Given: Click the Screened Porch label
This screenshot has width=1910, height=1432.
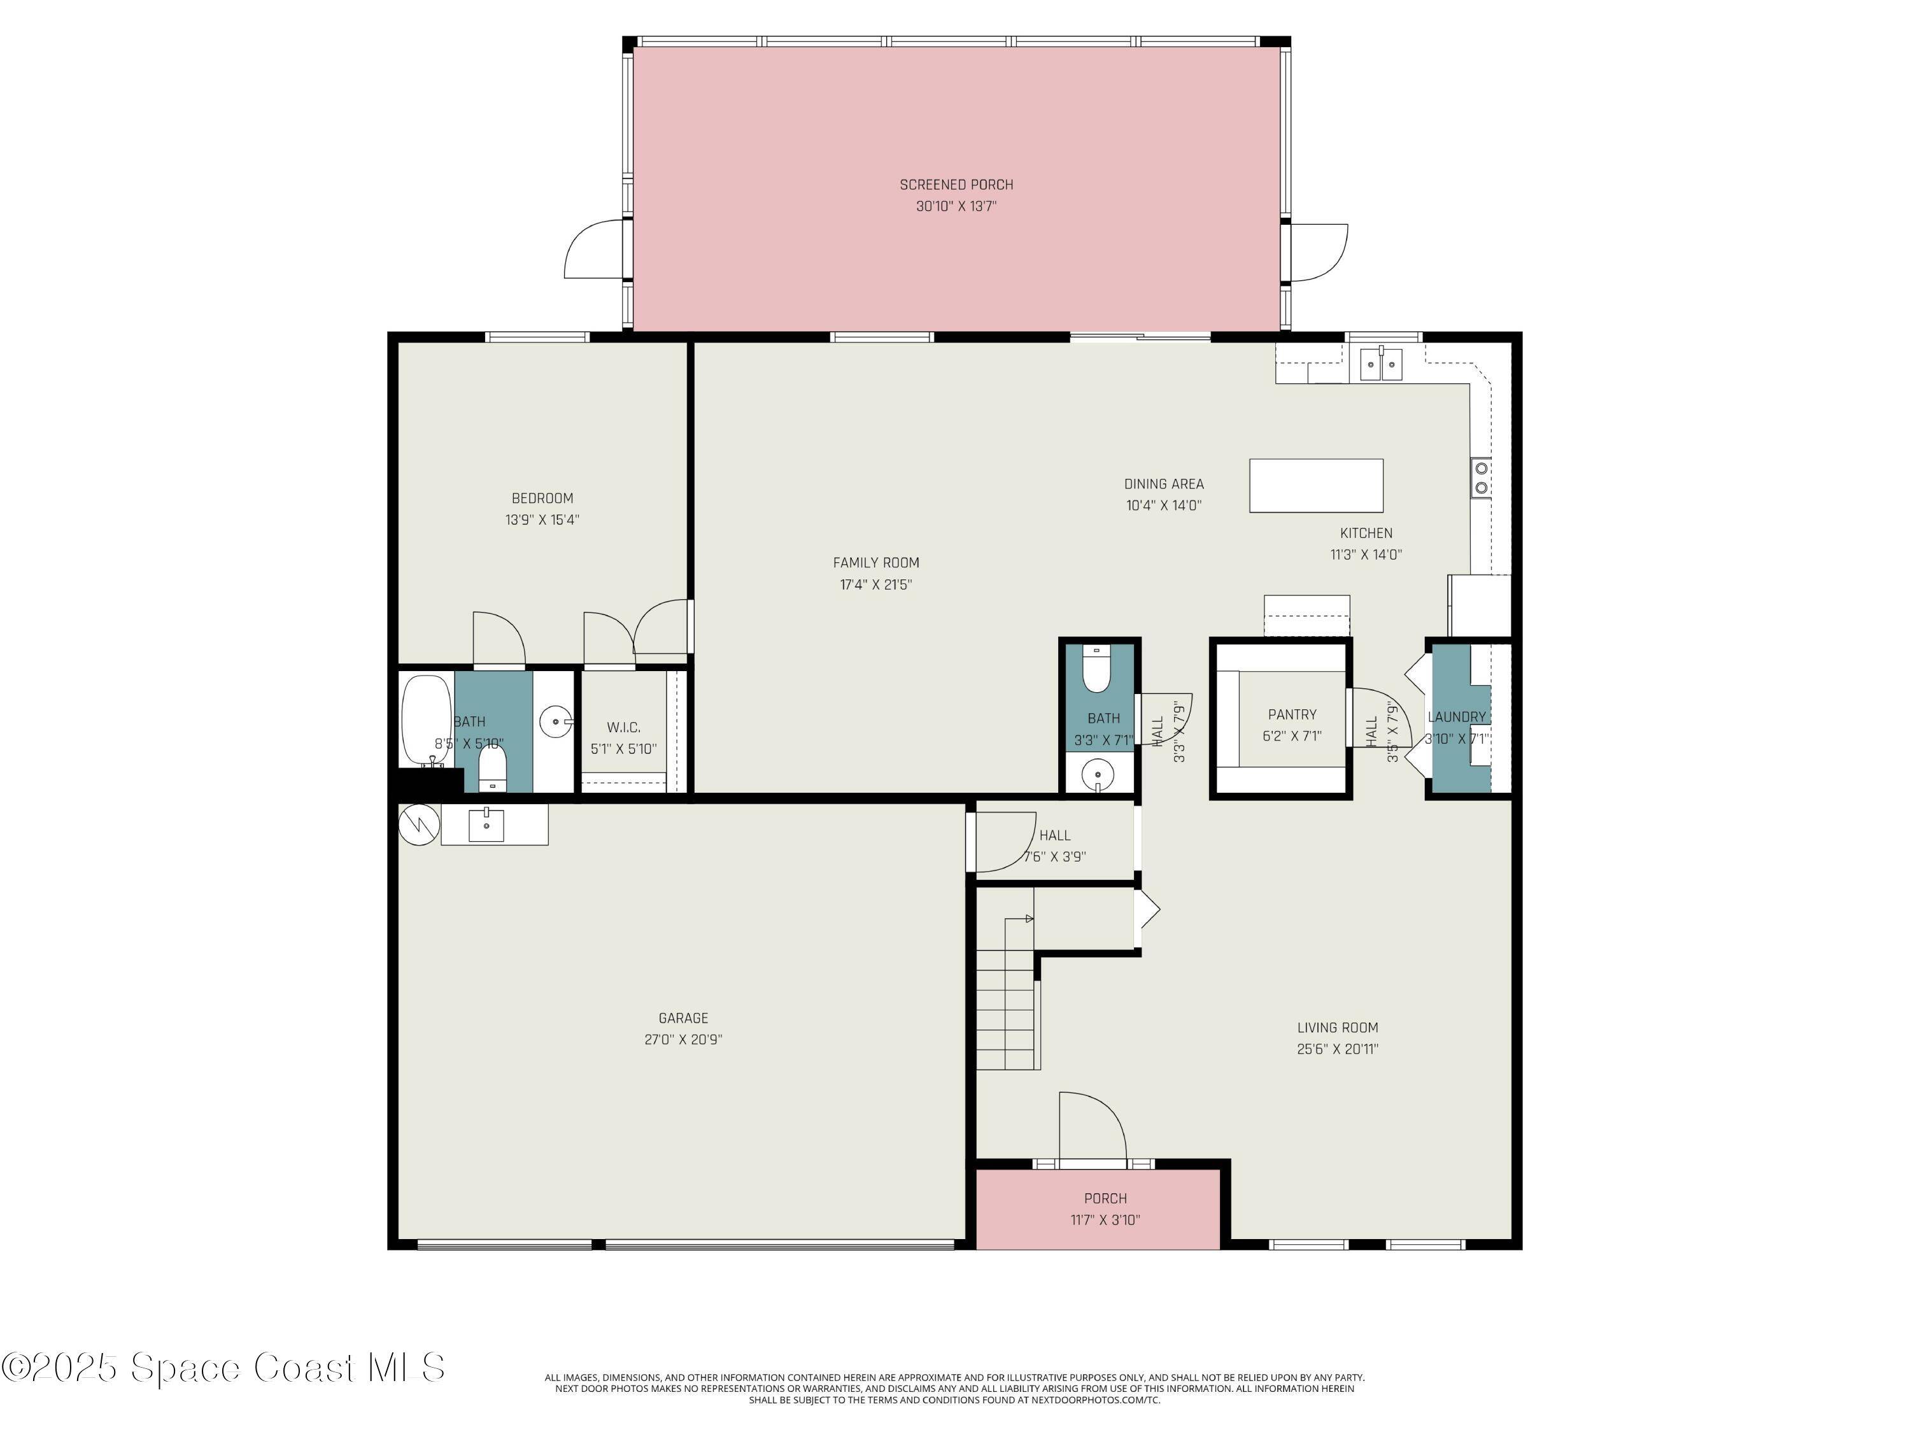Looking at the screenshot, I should [956, 184].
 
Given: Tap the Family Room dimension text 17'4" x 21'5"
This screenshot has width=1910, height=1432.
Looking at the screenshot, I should [875, 585].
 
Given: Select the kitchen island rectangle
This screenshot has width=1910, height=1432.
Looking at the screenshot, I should [1315, 485].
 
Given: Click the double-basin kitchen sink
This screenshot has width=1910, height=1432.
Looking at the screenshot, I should [1381, 364].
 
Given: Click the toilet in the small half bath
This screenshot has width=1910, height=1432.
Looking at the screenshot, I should [1096, 669].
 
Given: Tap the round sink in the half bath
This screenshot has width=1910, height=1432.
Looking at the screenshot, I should [1096, 773].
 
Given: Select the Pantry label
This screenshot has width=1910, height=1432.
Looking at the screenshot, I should [1292, 714].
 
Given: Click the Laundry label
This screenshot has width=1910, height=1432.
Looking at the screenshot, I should [1456, 717].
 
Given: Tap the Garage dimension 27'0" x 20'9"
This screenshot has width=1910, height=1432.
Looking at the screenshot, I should [683, 1040].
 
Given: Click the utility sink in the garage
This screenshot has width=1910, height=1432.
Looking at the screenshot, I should [486, 824].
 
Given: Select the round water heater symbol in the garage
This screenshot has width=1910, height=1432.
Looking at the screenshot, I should [419, 825].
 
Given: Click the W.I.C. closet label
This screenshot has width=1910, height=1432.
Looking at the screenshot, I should [623, 727].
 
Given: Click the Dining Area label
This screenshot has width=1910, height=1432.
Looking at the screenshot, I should [1163, 484].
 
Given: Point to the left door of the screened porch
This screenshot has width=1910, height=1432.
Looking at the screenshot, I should [593, 250].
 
